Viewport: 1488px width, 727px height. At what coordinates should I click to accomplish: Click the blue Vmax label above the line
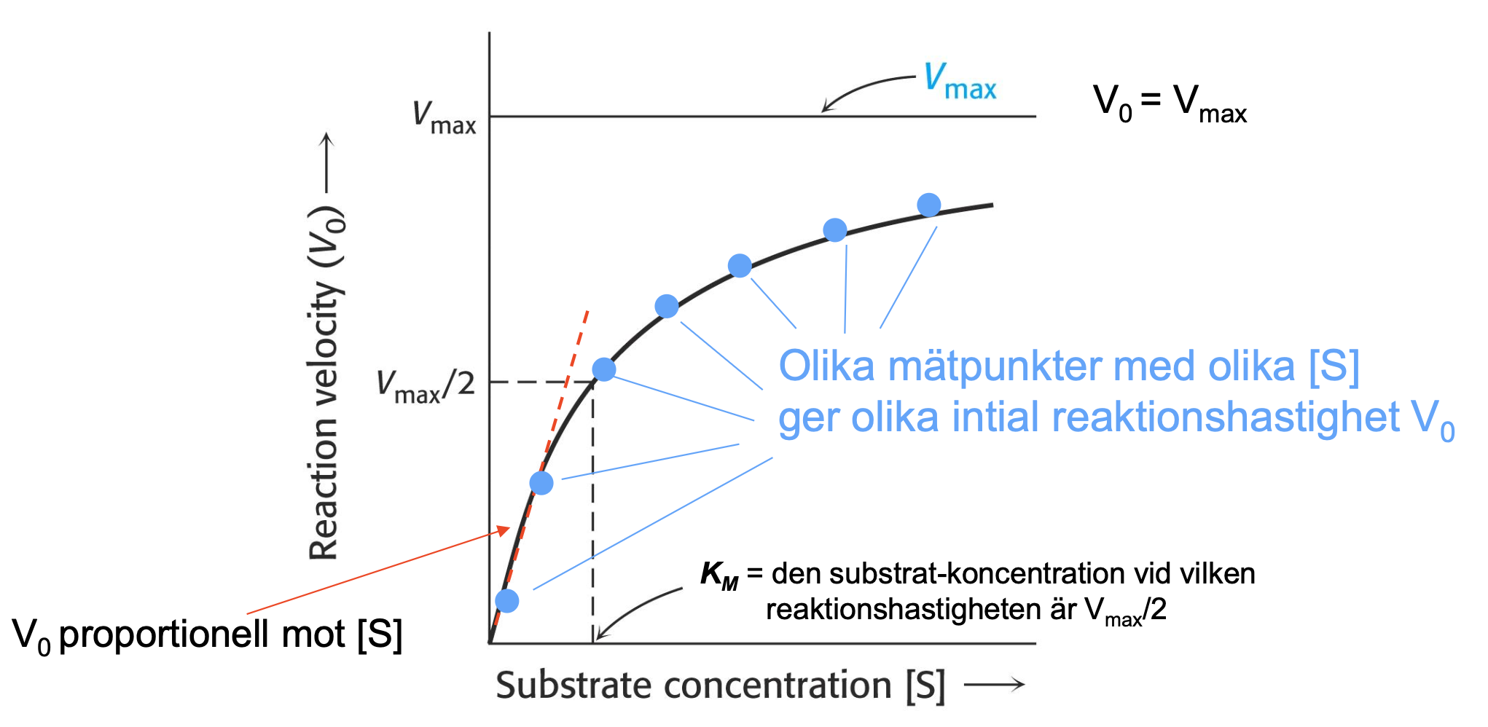(x=959, y=82)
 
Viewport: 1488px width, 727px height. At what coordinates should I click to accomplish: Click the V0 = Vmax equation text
(x=1170, y=103)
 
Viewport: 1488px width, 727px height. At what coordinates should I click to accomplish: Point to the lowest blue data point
(x=507, y=601)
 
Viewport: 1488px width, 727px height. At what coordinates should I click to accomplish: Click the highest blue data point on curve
(x=928, y=205)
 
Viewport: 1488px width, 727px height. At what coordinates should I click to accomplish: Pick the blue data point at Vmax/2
(x=604, y=369)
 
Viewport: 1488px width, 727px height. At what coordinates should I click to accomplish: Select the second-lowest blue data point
(x=541, y=482)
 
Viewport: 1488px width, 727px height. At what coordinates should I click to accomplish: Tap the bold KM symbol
(x=719, y=575)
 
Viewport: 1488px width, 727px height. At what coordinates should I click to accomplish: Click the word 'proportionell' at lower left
(x=202, y=634)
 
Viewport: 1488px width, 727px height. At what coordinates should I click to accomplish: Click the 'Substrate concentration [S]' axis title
(x=720, y=685)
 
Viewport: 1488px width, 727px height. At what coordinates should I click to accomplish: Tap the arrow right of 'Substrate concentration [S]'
(x=995, y=684)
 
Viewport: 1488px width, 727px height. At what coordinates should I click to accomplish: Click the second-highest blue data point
(x=834, y=230)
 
